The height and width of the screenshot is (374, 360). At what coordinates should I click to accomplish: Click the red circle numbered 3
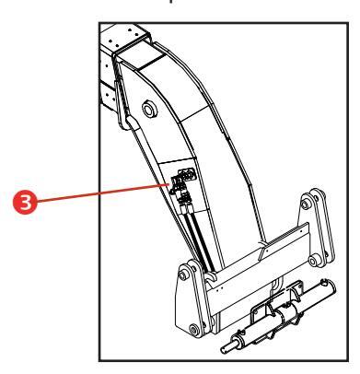[25, 202]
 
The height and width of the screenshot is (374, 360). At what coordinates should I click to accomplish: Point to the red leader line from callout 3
[103, 193]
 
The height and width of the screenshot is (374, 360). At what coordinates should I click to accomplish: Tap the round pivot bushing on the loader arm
[149, 109]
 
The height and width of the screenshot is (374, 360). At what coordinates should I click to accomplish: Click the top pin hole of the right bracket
[305, 205]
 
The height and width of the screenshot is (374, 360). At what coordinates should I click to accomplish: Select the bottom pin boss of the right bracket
[313, 262]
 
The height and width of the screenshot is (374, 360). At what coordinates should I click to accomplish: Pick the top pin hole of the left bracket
[183, 275]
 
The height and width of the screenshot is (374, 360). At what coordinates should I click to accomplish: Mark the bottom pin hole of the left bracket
[194, 330]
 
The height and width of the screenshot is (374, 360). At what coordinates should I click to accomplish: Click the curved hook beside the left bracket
[210, 276]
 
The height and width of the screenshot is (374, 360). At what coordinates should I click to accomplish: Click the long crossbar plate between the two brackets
[257, 267]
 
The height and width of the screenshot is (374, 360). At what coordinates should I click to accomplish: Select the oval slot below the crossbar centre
[277, 285]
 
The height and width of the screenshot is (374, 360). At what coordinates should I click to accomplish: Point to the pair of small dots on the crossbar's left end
[219, 289]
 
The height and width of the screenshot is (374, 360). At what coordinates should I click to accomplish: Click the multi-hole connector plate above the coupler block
[187, 175]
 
